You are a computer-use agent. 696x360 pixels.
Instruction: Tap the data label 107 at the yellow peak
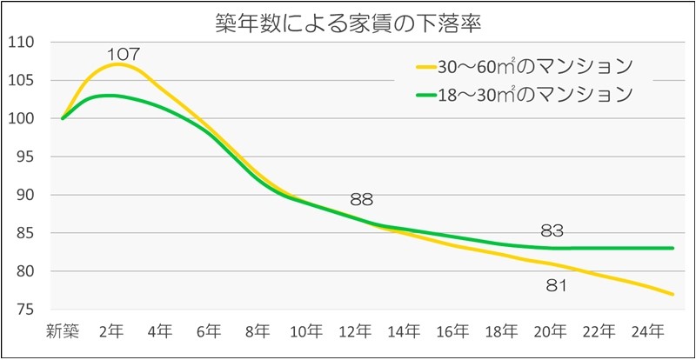point(124,54)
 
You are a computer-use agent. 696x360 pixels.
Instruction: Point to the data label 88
point(361,199)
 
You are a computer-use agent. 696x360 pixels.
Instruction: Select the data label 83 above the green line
point(552,230)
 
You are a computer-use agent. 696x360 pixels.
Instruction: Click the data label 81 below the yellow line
point(556,284)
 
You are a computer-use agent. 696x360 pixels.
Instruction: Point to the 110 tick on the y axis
point(19,42)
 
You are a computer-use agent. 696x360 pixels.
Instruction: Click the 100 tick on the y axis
point(19,118)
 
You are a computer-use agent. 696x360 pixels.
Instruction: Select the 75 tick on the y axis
point(23,310)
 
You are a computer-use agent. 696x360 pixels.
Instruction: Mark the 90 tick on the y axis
point(23,195)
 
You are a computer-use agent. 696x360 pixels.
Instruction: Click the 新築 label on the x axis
point(63,331)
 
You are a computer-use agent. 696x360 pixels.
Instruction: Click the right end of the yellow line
point(673,294)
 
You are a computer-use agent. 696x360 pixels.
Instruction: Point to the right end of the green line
point(673,248)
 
